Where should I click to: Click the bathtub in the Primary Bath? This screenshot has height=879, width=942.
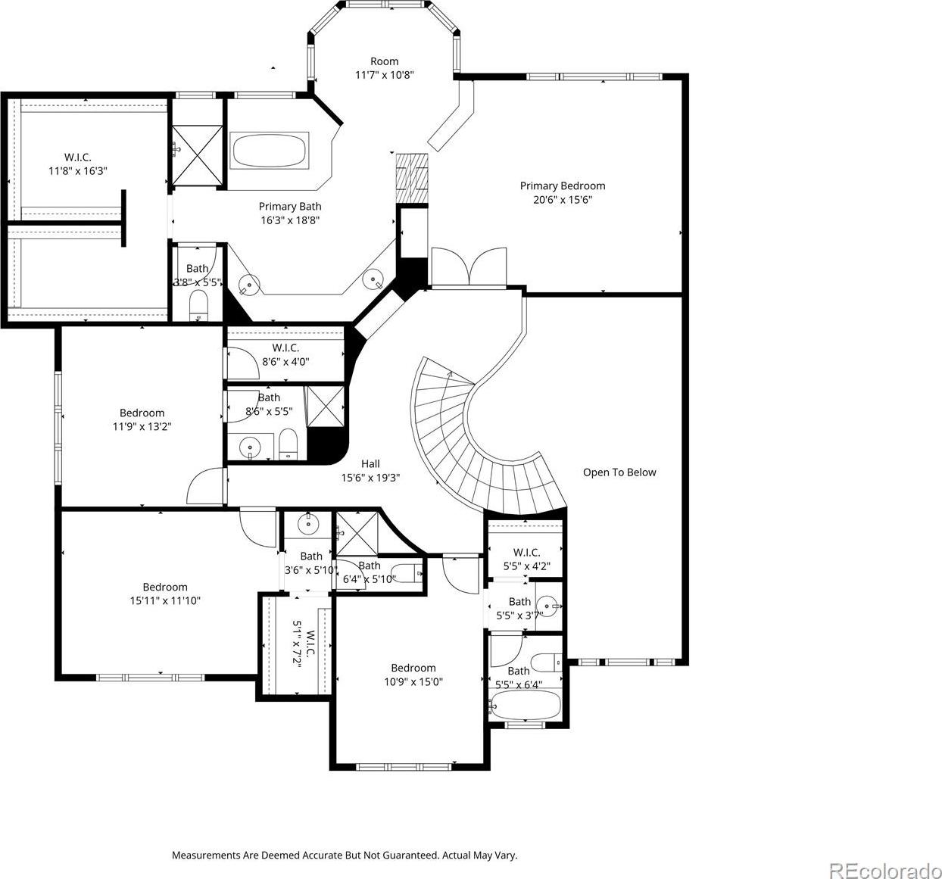[x=269, y=151]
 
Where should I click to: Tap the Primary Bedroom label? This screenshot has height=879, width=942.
[x=563, y=192]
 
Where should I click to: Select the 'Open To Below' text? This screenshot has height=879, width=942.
[x=619, y=472]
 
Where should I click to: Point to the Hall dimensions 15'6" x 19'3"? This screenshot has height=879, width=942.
[x=370, y=477]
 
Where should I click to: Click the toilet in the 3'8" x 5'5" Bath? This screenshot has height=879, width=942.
[x=198, y=305]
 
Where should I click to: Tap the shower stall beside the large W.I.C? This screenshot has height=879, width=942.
[x=196, y=155]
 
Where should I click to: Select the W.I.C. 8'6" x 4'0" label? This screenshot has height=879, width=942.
[x=285, y=354]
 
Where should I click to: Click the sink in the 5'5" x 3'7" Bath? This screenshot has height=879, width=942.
[x=549, y=606]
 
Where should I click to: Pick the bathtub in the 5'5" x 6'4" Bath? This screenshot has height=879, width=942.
[x=526, y=706]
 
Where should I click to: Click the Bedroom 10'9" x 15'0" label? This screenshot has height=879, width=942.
[x=413, y=675]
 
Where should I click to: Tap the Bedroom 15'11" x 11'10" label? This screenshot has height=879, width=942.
[x=165, y=594]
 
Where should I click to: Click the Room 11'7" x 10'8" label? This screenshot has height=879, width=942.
[x=385, y=68]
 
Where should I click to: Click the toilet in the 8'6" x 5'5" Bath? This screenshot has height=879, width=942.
[x=288, y=444]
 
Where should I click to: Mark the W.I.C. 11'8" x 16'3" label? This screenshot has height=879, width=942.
[x=78, y=164]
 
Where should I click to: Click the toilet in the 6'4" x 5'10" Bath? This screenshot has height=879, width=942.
[x=407, y=575]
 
